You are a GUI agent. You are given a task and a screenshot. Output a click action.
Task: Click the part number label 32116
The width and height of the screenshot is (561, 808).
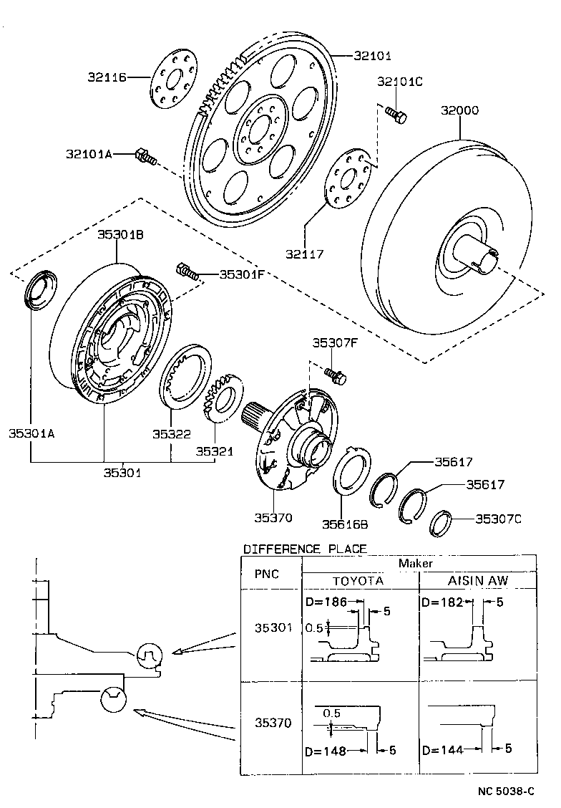[x=107, y=77]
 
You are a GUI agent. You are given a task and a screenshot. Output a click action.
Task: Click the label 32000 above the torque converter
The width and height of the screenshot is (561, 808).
[x=459, y=111]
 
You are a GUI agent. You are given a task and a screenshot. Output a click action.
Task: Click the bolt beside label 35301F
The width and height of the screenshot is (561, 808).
[x=185, y=271]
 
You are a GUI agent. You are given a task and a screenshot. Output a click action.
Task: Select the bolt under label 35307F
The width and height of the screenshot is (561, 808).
[x=334, y=373]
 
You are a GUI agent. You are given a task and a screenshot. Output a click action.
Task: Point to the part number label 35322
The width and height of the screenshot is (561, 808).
[x=171, y=433]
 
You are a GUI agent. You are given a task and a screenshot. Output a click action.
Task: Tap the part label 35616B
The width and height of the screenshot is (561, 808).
[x=344, y=524]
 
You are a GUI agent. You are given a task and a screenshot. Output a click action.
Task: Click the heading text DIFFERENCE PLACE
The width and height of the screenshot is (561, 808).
[x=305, y=549]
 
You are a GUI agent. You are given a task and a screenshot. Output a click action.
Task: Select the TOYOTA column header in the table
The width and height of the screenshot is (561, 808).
[x=359, y=580]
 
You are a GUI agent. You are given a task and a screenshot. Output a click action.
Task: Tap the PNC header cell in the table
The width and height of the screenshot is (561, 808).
[x=268, y=574]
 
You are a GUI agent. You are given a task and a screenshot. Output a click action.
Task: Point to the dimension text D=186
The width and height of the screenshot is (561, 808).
[x=326, y=602]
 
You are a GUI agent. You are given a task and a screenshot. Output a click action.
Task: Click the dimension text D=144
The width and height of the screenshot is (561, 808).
[x=442, y=750]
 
